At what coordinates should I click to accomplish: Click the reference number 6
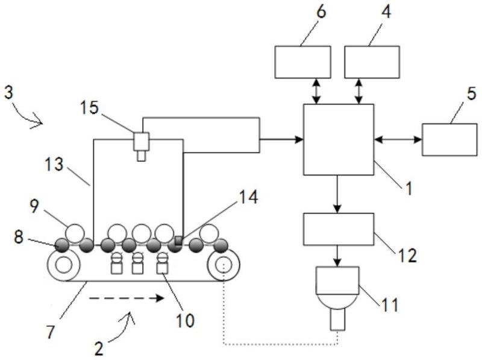click(x=321, y=13)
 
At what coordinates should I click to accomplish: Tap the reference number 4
click(x=386, y=11)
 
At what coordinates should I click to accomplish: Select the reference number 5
click(x=472, y=93)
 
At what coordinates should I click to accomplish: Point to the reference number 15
click(x=89, y=108)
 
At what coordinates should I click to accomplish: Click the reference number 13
click(x=54, y=164)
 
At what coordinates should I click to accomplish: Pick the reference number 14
click(x=248, y=197)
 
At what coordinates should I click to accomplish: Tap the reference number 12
click(x=408, y=256)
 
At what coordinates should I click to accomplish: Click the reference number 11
click(x=390, y=305)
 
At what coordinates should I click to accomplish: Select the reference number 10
click(x=186, y=320)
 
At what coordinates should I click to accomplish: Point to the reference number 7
click(x=51, y=332)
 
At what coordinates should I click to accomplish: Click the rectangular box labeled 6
click(x=303, y=62)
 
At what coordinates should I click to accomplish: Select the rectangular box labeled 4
click(x=372, y=62)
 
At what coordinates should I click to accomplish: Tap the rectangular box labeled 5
click(x=449, y=140)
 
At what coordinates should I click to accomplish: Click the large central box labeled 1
click(x=339, y=140)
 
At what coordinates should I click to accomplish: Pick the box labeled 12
click(x=339, y=229)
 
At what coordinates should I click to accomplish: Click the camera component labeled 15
click(x=142, y=147)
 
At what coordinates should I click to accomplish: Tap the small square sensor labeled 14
click(x=178, y=240)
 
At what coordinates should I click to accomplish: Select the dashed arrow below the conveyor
click(x=127, y=298)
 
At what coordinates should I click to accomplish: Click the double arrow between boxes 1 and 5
click(x=398, y=140)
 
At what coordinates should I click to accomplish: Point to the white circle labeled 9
click(x=75, y=233)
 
